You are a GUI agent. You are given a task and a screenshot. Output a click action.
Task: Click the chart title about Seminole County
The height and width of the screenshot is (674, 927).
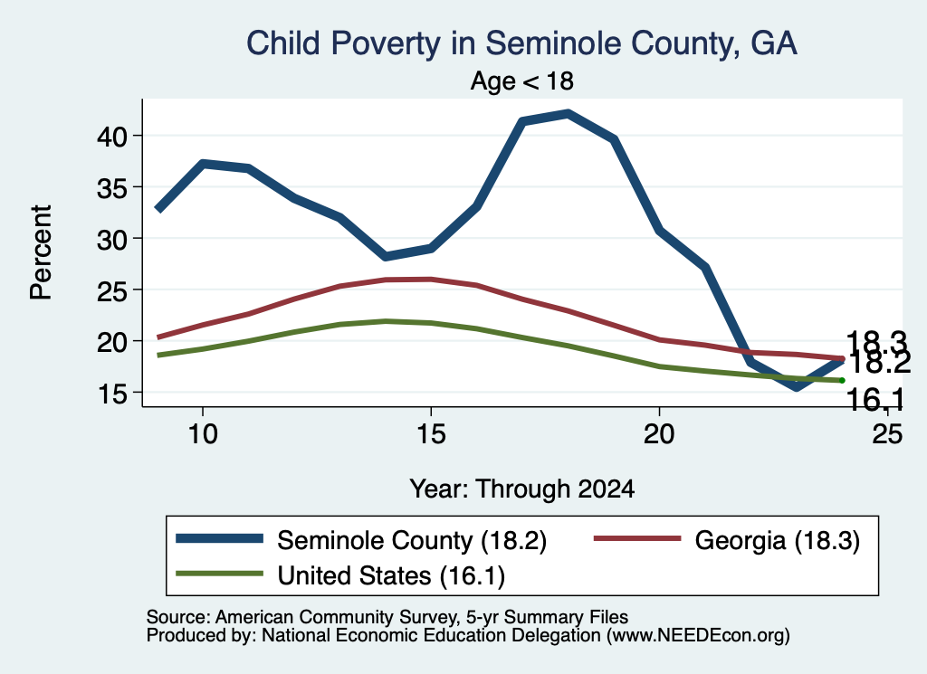521,43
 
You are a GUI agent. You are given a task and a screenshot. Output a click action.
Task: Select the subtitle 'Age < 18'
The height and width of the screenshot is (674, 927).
521,81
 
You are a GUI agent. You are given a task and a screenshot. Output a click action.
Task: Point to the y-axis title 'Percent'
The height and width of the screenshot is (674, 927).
41,252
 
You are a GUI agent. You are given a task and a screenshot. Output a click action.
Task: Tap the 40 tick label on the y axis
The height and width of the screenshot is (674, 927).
111,137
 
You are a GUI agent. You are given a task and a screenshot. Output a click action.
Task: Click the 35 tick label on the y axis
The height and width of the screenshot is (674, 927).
111,188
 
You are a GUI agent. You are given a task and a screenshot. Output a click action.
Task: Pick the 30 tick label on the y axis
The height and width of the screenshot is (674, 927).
111,239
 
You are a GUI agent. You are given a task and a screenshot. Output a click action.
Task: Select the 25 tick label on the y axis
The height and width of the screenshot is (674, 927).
111,290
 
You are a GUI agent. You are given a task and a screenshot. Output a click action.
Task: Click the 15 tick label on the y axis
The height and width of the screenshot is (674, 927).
111,394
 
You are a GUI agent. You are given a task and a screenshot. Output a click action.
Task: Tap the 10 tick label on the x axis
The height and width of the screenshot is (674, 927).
203,434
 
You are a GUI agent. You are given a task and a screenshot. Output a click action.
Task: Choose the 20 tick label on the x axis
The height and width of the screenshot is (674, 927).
659,434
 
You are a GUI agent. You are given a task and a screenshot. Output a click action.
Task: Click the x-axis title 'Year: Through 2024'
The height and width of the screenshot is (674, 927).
522,489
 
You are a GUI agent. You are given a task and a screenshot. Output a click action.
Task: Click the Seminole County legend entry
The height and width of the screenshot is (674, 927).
362,540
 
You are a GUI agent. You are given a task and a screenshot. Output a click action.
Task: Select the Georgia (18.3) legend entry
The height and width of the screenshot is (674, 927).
727,540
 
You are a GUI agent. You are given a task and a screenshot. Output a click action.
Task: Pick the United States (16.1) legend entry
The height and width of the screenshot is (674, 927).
340,574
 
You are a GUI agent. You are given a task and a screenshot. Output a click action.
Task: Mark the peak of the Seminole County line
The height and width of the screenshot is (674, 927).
568,113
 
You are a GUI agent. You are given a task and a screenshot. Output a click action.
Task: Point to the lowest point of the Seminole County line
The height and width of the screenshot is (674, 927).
797,387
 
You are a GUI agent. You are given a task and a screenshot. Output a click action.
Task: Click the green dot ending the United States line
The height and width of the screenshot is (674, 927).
842,380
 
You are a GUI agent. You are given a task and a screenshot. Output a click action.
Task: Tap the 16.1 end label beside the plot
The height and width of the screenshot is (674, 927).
875,400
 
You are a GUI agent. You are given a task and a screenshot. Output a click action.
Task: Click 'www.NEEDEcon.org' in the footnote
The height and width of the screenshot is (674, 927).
698,635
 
